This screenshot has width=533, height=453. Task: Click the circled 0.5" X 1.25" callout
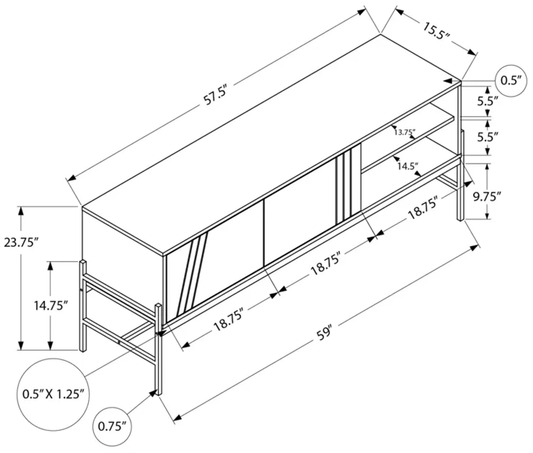(53, 394)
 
